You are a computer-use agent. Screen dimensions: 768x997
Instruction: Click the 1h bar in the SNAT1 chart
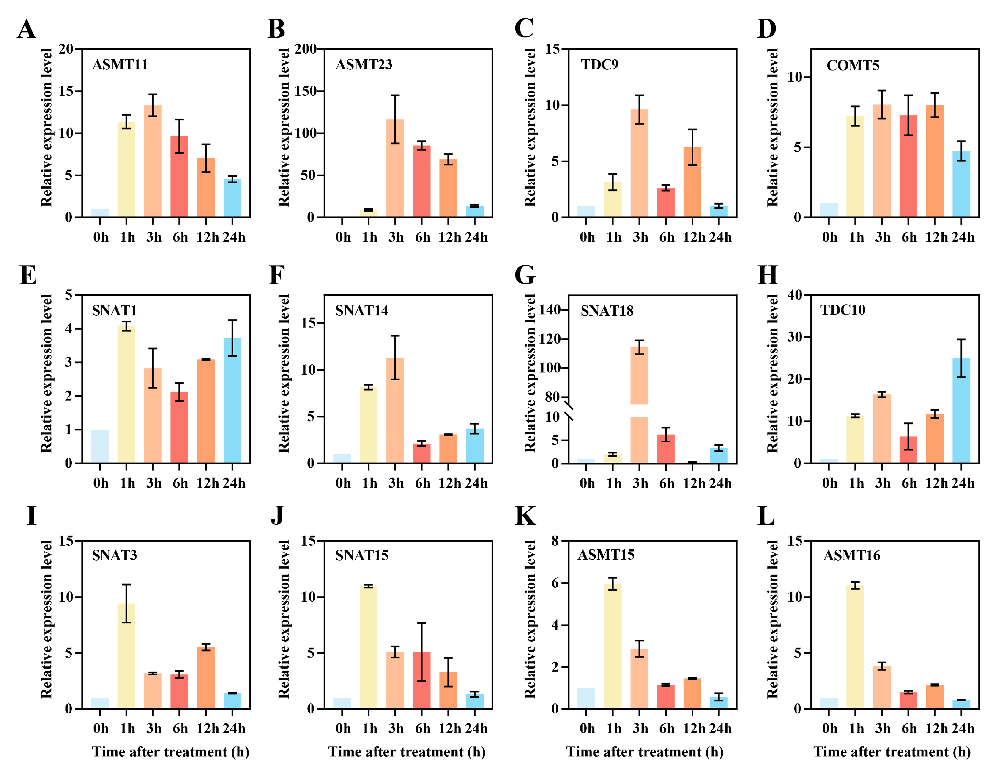coord(126,395)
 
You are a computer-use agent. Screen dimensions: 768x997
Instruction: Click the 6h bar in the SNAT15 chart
coord(421,680)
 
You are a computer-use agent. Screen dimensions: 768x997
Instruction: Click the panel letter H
coord(767,275)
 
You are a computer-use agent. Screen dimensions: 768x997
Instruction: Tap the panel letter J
coord(277,516)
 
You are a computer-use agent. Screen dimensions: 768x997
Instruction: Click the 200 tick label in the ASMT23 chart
coord(305,49)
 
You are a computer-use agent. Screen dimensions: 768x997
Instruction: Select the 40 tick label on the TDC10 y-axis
coord(795,295)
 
